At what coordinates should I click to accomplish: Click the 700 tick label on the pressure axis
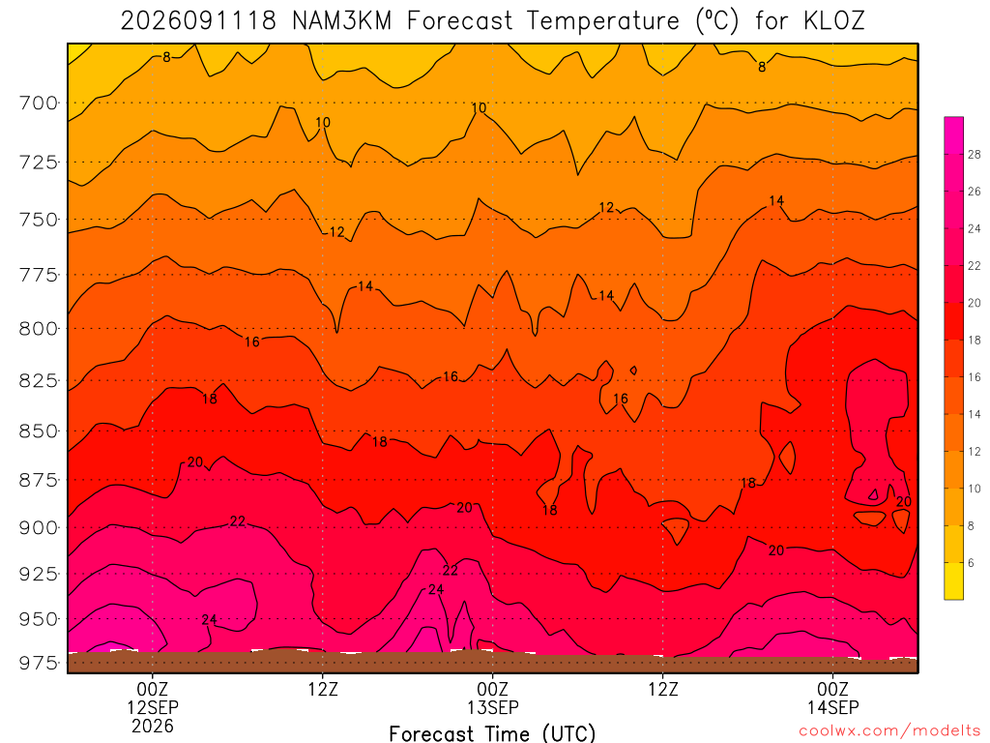(38, 103)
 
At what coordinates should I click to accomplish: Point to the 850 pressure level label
(38, 431)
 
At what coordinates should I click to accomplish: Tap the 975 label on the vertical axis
(38, 664)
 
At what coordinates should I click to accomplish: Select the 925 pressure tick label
(38, 575)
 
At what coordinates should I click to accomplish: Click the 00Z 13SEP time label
(492, 698)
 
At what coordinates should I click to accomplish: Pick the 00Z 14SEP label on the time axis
(832, 698)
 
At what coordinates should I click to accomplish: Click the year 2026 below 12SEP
(153, 726)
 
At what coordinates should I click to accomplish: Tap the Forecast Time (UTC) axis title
(492, 733)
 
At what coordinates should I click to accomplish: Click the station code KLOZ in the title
(833, 21)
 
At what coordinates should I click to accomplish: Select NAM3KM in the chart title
(342, 21)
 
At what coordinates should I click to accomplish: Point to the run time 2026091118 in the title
(198, 21)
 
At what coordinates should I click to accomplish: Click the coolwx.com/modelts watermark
(889, 731)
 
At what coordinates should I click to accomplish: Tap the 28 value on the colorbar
(974, 154)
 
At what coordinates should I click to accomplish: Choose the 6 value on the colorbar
(971, 563)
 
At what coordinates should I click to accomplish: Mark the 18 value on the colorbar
(974, 340)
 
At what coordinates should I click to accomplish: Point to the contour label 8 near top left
(166, 57)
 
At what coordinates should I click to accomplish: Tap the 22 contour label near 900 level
(238, 521)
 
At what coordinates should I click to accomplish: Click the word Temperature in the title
(603, 21)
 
